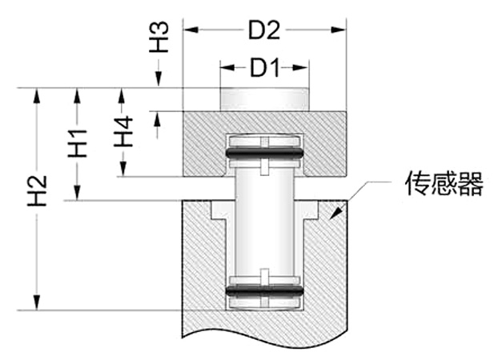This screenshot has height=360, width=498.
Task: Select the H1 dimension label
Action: [78, 142]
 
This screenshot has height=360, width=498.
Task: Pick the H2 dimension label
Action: [36, 191]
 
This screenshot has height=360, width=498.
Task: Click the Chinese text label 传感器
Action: [444, 185]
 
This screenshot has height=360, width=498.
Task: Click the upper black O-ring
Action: [264, 151]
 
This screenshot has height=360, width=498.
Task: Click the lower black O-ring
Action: [264, 290]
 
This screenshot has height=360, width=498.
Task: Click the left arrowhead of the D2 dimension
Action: [189, 30]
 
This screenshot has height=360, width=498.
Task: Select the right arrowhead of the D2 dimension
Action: [341, 30]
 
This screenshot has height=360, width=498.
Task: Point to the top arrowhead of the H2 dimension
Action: [35, 93]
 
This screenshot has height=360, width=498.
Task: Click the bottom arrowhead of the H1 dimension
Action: [78, 194]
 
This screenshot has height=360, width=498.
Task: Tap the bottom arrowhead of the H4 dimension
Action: [122, 171]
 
